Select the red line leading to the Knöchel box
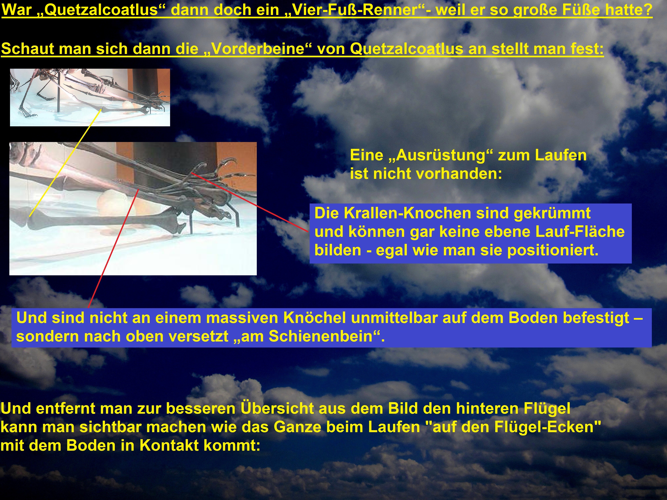click(x=113, y=249)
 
